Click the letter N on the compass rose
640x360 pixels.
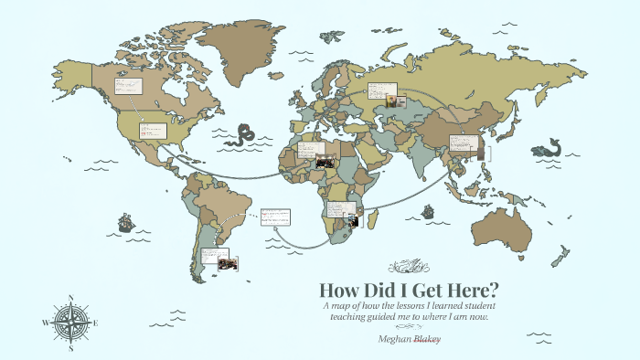pos(71,297)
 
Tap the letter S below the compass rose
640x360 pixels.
pos(71,348)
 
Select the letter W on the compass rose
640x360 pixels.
pos(45,323)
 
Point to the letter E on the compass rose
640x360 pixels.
pos(97,323)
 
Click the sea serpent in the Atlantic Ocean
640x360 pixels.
pos(244,134)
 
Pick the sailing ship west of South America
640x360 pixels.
pos(125,222)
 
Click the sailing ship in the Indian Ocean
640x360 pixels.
pos(427,210)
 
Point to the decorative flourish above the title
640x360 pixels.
pos(407,266)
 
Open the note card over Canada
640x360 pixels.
pos(127,87)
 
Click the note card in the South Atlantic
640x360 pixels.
pos(275,217)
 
